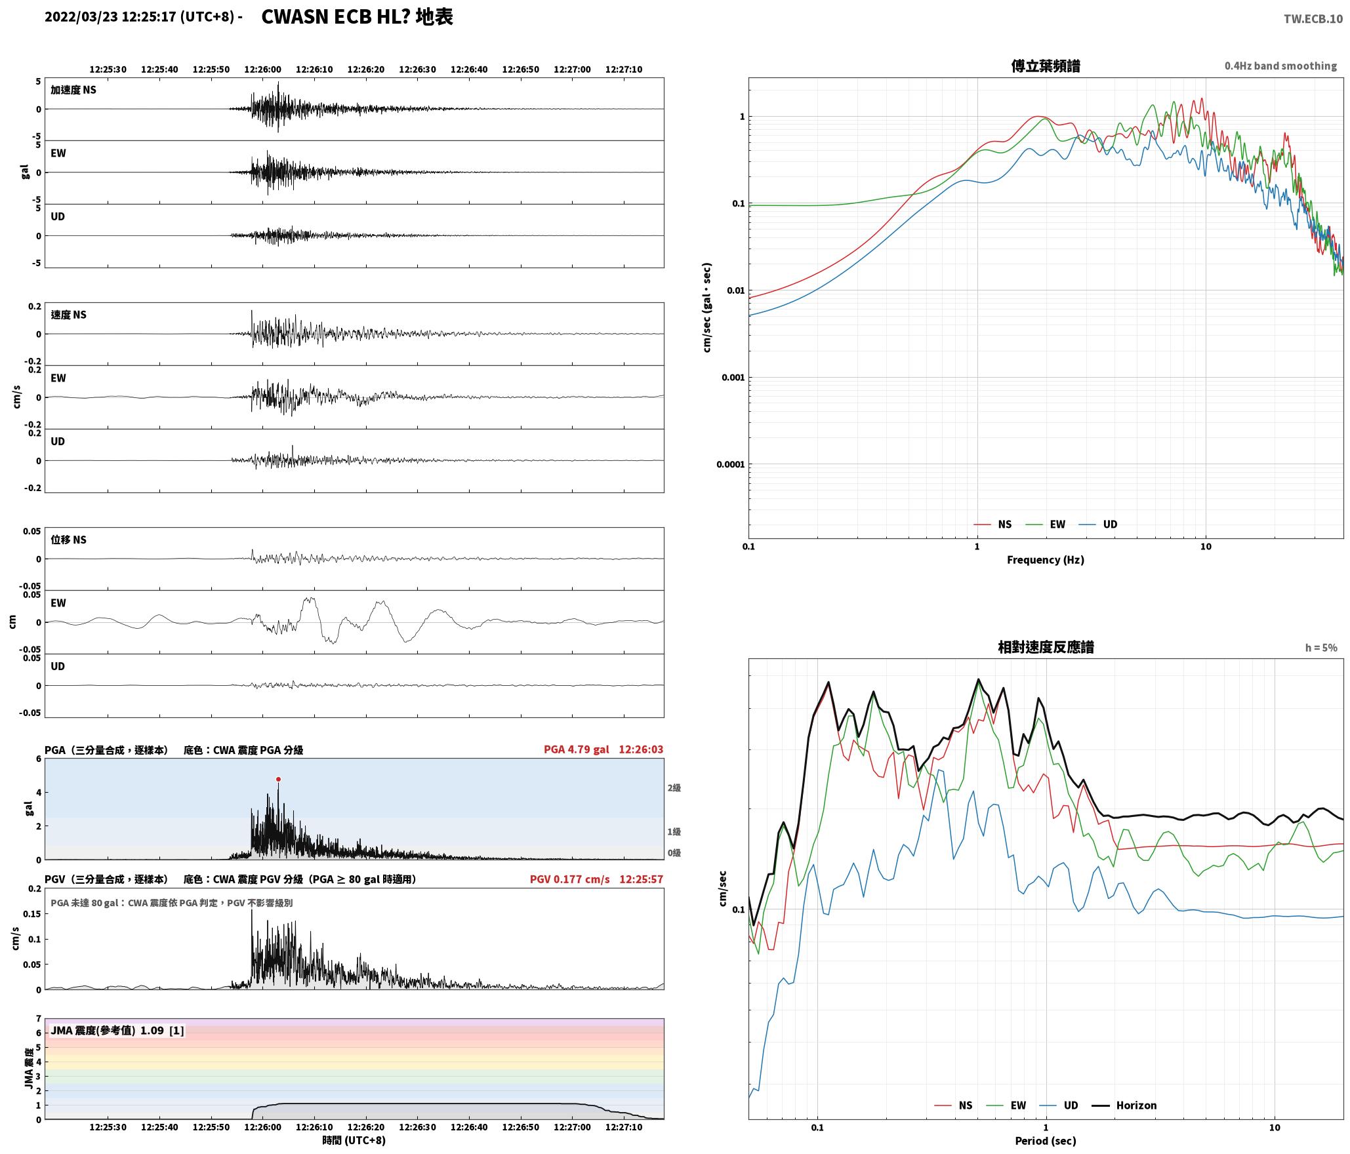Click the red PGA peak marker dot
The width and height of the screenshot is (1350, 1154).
(x=278, y=780)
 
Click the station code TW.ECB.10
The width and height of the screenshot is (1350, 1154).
(x=1313, y=19)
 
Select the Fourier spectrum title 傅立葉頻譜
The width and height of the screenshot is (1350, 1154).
(x=1046, y=66)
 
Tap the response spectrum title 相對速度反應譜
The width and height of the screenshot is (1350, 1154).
(x=1046, y=647)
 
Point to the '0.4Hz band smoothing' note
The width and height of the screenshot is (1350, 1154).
(x=1280, y=66)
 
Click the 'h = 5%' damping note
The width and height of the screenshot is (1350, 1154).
(x=1321, y=648)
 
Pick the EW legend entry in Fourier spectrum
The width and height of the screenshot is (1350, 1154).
(x=1046, y=525)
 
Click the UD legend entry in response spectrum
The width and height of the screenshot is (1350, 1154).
(x=1059, y=1105)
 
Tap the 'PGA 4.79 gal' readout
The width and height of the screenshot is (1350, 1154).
(x=576, y=749)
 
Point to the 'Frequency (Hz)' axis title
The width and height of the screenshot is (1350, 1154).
(x=1046, y=560)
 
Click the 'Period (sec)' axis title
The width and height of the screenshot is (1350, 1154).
(x=1046, y=1141)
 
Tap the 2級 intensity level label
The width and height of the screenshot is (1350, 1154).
(x=674, y=788)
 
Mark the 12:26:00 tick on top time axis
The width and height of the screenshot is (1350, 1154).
(x=262, y=70)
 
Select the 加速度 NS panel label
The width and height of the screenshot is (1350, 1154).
(x=73, y=90)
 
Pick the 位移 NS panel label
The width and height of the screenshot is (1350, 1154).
(x=69, y=540)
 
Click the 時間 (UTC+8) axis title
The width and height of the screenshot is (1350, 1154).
(x=354, y=1140)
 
